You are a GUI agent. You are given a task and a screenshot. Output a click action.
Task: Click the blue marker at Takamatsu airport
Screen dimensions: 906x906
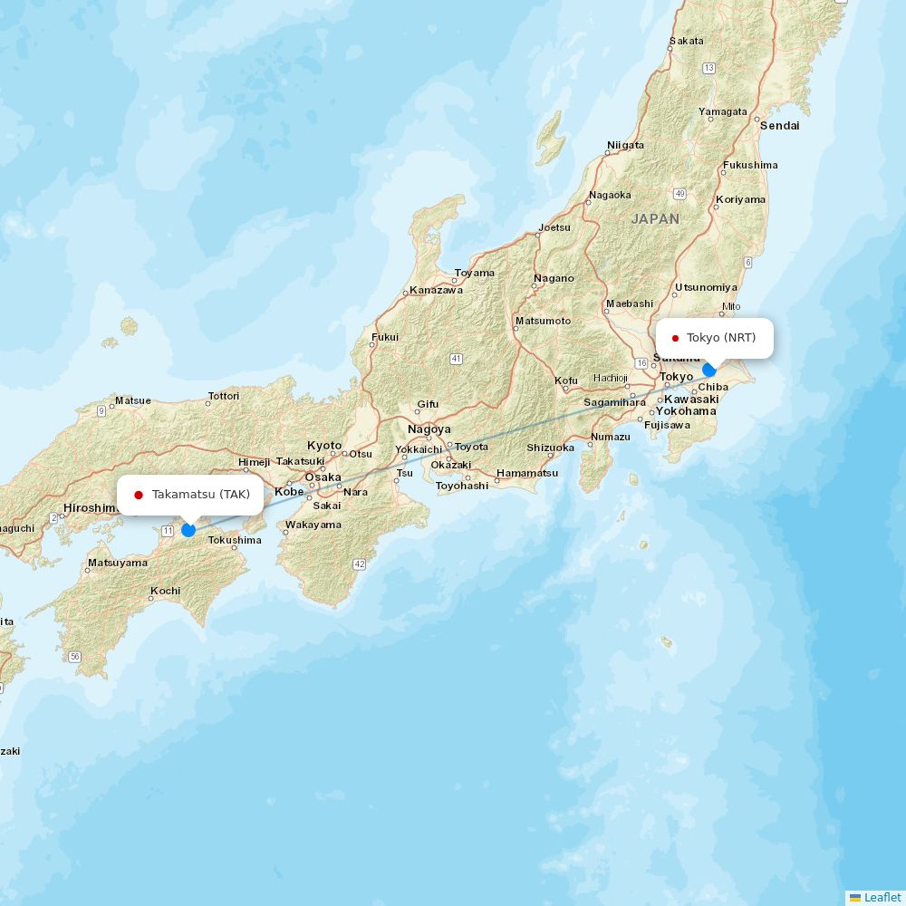(188, 529)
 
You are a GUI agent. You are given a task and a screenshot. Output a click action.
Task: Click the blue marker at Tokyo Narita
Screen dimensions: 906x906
(709, 370)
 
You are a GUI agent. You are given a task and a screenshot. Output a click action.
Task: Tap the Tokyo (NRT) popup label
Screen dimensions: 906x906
(715, 338)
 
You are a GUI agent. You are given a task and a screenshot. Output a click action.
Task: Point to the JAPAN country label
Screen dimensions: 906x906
(655, 219)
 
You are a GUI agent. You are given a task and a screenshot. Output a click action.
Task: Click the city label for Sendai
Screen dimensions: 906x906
(779, 126)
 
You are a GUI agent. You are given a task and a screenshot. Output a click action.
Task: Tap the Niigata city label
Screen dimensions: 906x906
(625, 145)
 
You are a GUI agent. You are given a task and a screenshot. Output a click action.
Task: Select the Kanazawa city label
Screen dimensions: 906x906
(436, 290)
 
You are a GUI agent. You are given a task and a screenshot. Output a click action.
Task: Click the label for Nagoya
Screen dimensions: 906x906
(429, 429)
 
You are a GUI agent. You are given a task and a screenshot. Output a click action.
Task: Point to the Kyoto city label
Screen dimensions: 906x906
(324, 445)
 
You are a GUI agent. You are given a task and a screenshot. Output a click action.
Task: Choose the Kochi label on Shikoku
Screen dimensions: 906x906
(165, 591)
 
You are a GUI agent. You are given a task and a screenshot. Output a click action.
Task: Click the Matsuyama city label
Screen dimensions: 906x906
(117, 563)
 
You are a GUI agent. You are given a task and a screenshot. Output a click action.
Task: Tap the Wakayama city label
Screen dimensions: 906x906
(313, 525)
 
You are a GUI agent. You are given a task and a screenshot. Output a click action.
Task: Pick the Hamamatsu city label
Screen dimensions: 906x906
(527, 473)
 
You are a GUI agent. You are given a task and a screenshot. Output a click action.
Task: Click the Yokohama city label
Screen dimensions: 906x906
(686, 411)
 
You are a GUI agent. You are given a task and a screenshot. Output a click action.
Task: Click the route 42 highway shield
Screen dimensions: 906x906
(360, 564)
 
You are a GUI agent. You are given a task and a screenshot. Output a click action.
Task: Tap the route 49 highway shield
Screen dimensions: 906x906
(679, 194)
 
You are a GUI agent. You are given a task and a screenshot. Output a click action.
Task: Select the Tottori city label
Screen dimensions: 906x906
(224, 396)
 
